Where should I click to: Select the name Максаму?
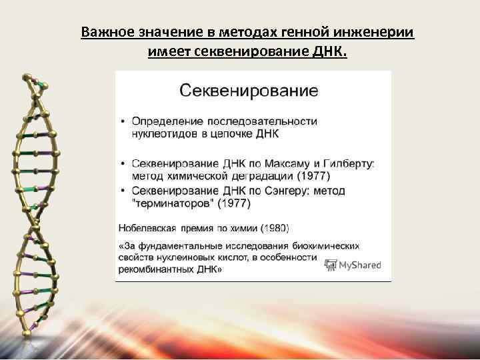click(x=280, y=163)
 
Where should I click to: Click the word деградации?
click(x=254, y=176)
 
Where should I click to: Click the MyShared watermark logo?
click(x=352, y=265)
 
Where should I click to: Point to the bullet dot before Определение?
click(x=123, y=122)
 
